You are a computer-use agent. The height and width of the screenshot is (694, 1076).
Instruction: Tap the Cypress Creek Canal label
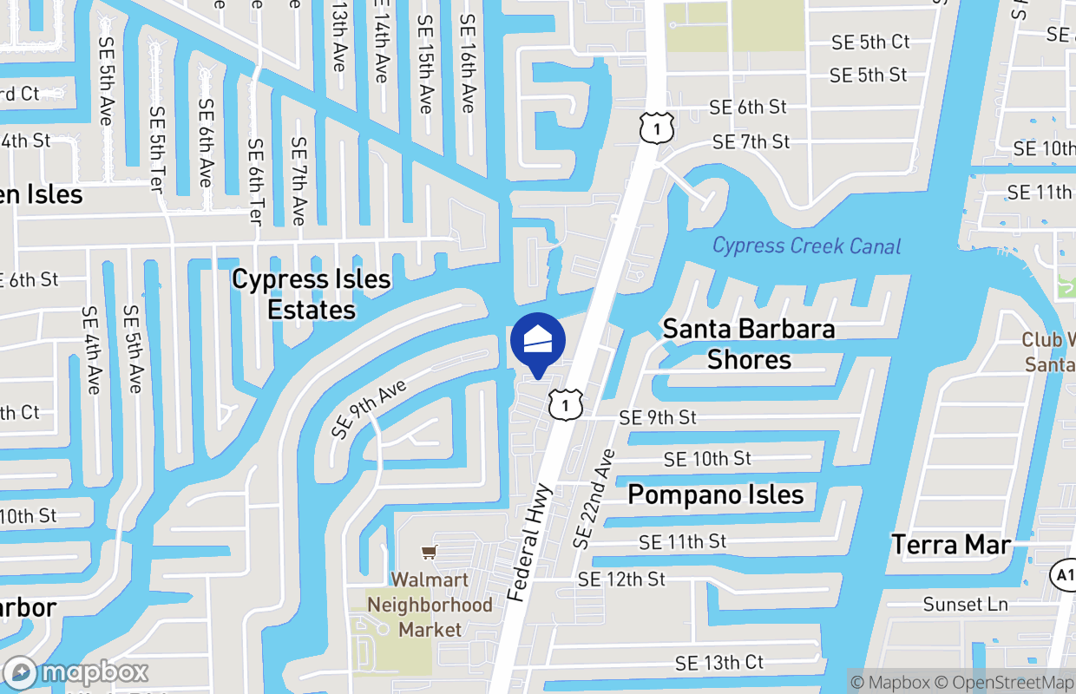(x=806, y=246)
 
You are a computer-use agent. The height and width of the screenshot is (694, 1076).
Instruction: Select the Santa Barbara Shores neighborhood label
(x=749, y=344)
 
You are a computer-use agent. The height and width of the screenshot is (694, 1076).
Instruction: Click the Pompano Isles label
(x=716, y=495)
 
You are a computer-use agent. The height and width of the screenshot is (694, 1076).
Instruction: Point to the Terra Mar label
(x=951, y=545)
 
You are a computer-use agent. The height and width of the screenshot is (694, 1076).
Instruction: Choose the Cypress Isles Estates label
(x=312, y=295)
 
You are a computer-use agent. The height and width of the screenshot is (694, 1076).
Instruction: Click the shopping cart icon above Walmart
(x=429, y=552)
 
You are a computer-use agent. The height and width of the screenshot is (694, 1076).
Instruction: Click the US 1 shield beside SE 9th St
(x=565, y=404)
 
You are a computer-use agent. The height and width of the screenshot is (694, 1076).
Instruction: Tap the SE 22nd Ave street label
(x=594, y=498)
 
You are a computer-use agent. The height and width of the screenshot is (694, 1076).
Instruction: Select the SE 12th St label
(x=621, y=579)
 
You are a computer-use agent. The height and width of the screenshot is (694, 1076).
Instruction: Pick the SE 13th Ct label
(x=719, y=663)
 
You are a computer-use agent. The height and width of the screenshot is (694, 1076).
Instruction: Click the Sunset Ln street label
(x=965, y=604)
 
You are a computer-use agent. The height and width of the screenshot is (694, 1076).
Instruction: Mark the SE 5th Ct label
(x=870, y=42)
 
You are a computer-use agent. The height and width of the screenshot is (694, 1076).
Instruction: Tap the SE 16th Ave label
(x=468, y=62)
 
